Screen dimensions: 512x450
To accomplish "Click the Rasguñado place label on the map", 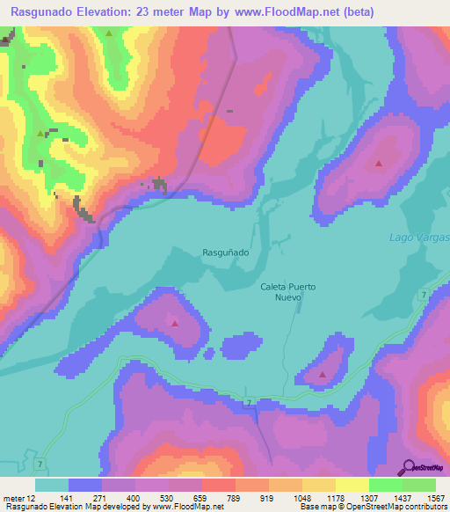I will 226,252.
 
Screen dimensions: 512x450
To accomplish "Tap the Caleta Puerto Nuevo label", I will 287,292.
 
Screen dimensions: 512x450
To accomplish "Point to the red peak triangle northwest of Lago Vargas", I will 379,164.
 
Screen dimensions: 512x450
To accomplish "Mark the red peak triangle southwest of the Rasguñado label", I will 174,323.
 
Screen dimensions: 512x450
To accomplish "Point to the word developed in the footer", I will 127,507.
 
